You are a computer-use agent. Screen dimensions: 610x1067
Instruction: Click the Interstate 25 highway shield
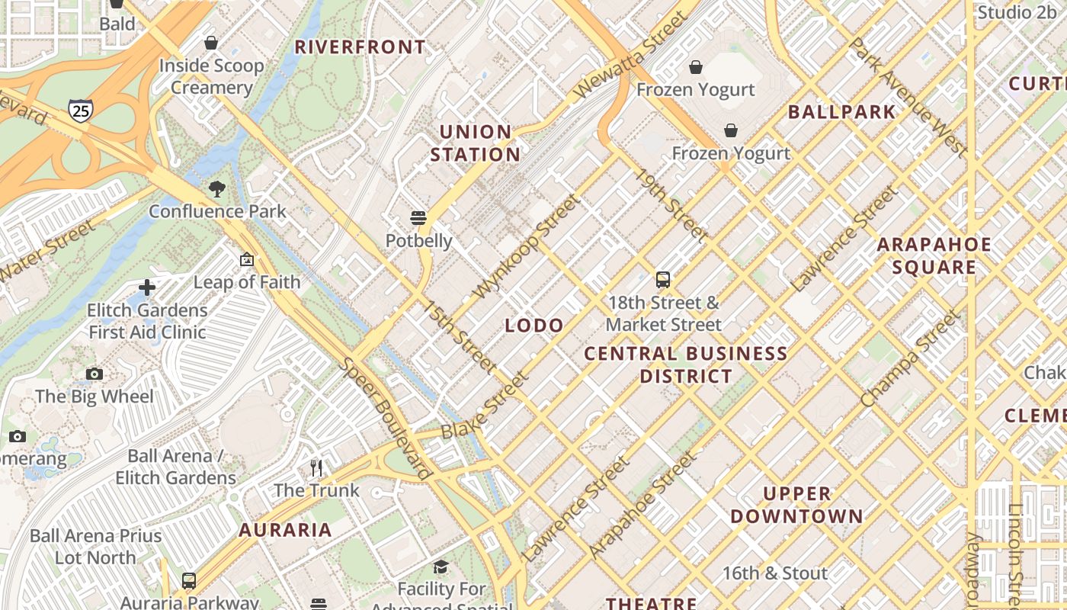pos(80,111)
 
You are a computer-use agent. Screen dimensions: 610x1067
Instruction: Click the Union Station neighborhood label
pos(476,143)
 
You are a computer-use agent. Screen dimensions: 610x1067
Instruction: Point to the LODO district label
pos(534,326)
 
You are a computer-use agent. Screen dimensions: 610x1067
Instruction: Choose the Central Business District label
pos(686,364)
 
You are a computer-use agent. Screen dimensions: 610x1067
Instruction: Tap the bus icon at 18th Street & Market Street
pos(663,280)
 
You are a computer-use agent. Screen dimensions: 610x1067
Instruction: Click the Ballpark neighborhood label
pos(841,112)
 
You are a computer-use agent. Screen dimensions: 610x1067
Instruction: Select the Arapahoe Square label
pos(934,255)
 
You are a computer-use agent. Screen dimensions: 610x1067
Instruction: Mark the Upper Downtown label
pos(796,505)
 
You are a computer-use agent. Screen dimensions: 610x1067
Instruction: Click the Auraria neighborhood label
pos(285,530)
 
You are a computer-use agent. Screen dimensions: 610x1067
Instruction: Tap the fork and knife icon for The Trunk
pos(316,467)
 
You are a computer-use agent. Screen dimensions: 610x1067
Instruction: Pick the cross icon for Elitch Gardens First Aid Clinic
pos(147,287)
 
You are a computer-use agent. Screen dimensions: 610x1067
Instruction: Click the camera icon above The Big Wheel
pos(95,374)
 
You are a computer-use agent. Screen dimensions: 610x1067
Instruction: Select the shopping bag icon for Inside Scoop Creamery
pos(211,43)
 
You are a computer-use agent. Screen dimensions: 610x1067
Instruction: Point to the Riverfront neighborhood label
pos(360,47)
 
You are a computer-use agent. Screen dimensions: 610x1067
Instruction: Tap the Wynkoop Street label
pos(526,246)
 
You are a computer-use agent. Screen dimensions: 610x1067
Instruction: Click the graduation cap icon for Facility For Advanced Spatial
pos(441,567)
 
